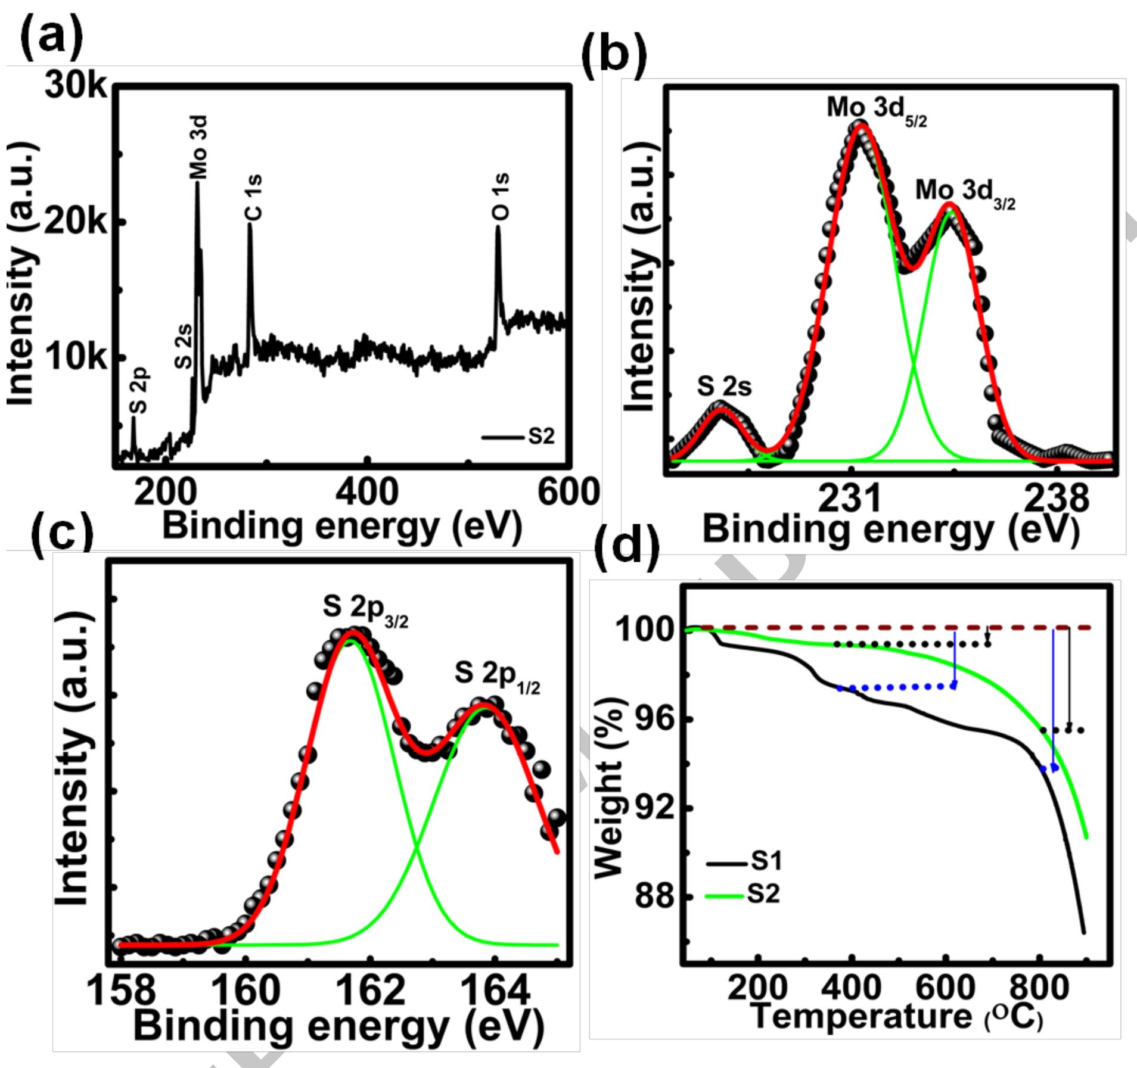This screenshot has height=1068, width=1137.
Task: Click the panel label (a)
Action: point(52,37)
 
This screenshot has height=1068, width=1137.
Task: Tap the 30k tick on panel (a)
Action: point(76,87)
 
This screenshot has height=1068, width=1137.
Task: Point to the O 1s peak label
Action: point(501,196)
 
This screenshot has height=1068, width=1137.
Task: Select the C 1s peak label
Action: point(254,197)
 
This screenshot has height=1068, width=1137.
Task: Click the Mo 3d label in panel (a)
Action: point(198,147)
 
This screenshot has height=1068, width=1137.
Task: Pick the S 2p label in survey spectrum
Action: point(138,390)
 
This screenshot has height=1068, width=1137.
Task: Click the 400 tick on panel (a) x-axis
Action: point(366,492)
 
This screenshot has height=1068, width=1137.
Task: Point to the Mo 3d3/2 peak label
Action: point(964,194)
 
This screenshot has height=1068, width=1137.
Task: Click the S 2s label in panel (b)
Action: point(724,387)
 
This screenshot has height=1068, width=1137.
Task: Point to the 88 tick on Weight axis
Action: point(654,897)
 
